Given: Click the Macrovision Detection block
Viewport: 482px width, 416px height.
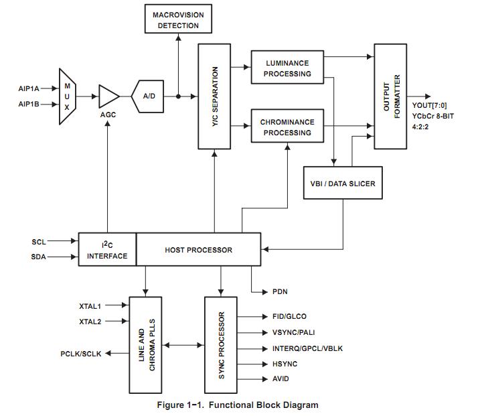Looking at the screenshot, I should pyautogui.click(x=178, y=20).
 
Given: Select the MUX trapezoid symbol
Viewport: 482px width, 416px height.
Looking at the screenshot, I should pyautogui.click(x=67, y=96).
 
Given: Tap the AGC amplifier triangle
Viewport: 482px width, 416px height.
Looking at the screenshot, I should pyautogui.click(x=107, y=96).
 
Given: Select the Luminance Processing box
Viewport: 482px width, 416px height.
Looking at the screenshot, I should pyautogui.click(x=287, y=68).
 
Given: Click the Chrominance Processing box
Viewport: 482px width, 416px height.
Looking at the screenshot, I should pyautogui.click(x=287, y=127).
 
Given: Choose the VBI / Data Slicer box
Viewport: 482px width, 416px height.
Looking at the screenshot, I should pyautogui.click(x=343, y=183).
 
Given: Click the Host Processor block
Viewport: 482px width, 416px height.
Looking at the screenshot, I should pyautogui.click(x=198, y=250).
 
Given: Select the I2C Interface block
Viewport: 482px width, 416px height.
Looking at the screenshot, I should pyautogui.click(x=107, y=250).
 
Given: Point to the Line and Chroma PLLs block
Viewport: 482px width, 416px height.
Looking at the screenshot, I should pyautogui.click(x=148, y=345).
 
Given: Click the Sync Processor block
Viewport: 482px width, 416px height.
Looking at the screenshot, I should pyautogui.click(x=222, y=345).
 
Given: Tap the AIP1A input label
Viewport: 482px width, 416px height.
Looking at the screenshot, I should pyautogui.click(x=29, y=88).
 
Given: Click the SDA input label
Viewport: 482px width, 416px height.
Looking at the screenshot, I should pyautogui.click(x=39, y=257).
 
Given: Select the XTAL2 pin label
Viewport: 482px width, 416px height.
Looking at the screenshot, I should pyautogui.click(x=90, y=322).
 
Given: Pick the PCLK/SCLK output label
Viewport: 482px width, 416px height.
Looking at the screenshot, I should pyautogui.click(x=80, y=354).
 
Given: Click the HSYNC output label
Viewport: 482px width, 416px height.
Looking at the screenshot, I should pyautogui.click(x=285, y=364).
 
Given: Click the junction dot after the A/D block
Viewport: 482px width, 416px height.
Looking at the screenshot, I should pyautogui.click(x=178, y=96).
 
